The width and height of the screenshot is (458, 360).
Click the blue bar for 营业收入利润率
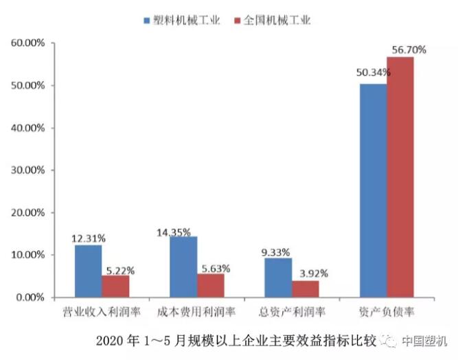[89, 271]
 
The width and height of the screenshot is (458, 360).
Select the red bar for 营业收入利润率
[115, 286]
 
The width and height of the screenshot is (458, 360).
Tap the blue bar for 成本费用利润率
[183, 267]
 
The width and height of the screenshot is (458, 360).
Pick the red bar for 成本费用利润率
[210, 285]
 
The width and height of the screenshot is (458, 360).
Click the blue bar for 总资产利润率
[278, 277]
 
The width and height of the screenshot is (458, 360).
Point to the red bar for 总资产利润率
[305, 289]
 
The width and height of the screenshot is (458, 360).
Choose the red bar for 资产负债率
[400, 177]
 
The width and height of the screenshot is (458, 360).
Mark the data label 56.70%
[409, 49]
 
